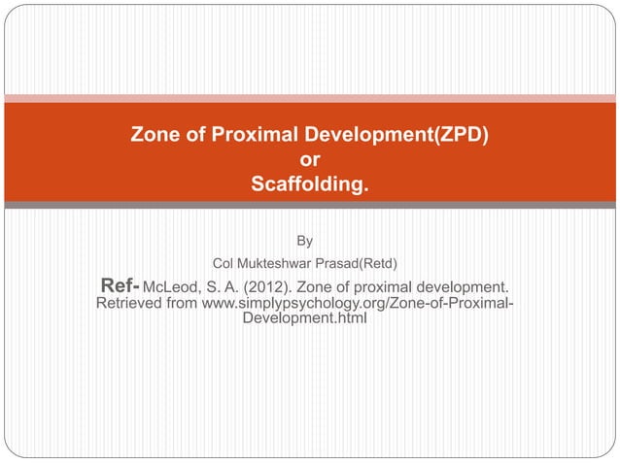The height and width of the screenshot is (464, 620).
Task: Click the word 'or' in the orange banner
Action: (310, 159)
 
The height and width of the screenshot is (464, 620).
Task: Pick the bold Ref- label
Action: (121, 286)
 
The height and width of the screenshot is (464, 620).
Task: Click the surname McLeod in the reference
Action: (177, 287)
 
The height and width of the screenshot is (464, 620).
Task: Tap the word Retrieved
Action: (132, 307)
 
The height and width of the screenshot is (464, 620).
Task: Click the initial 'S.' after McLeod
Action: (216, 287)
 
